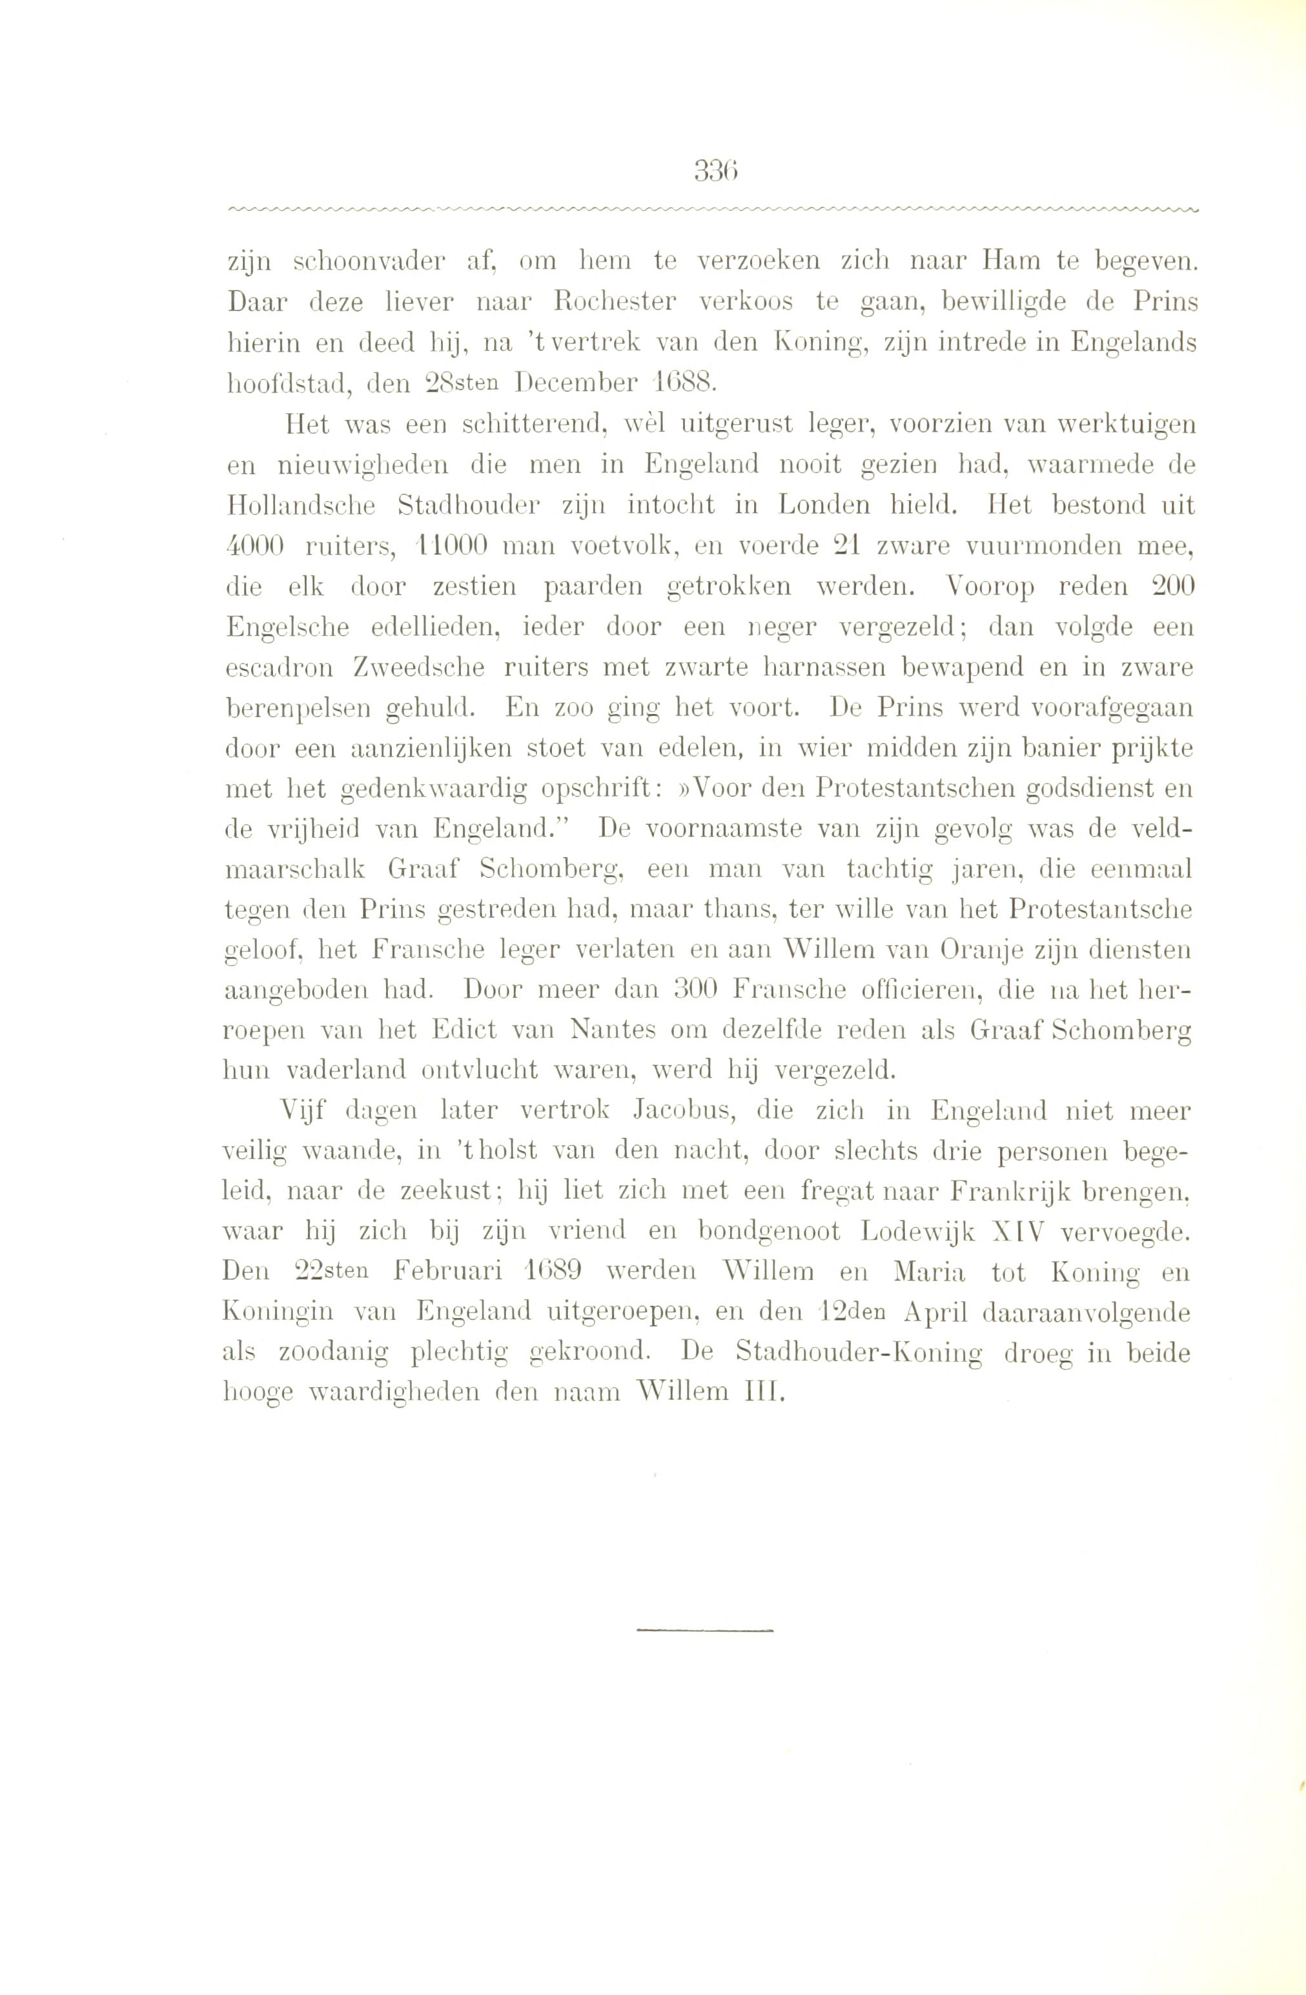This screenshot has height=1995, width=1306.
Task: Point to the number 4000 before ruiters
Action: click(x=256, y=547)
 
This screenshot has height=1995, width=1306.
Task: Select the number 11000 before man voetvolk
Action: click(x=452, y=547)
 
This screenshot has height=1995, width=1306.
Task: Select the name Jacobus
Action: click(x=686, y=1111)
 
